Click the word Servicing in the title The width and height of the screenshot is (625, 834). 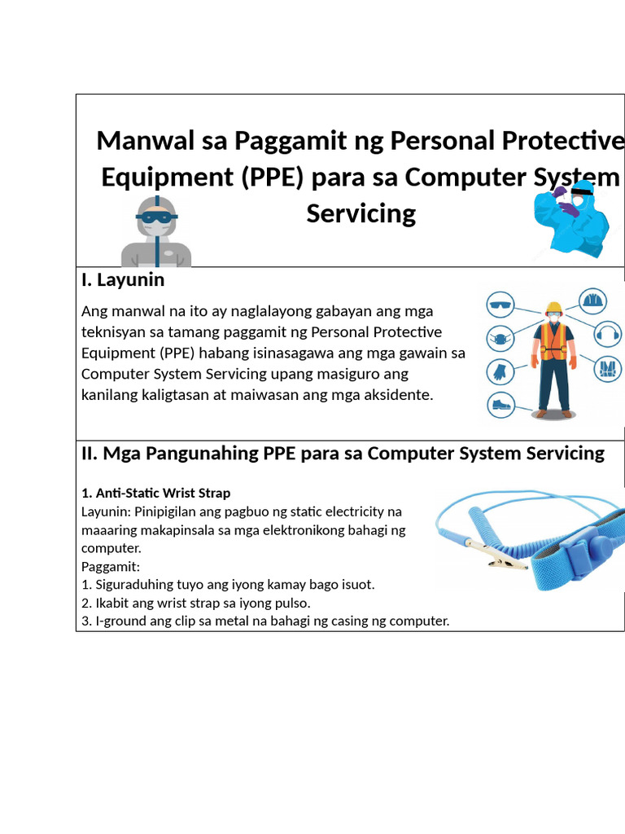[361, 213]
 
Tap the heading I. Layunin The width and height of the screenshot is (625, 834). [123, 280]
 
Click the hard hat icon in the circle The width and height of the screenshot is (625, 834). [592, 301]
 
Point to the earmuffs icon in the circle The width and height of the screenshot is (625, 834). [607, 333]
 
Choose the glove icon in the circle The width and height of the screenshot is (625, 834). [498, 371]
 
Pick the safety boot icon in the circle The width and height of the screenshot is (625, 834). [500, 403]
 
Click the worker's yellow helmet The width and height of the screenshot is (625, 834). [554, 309]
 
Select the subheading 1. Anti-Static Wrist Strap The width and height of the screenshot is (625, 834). [156, 493]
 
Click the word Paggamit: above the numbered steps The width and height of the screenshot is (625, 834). [111, 566]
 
